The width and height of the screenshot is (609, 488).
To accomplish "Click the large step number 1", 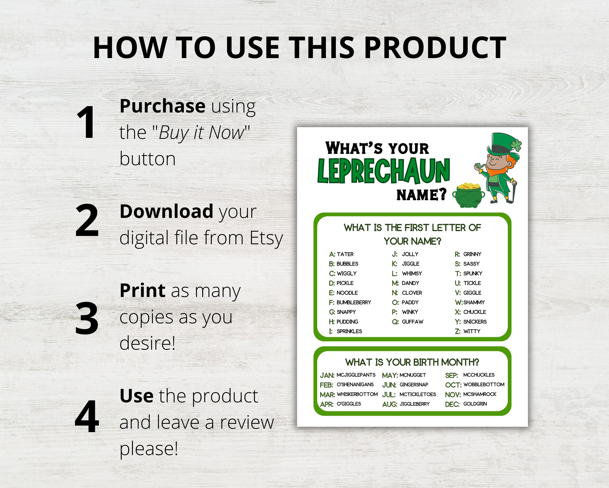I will [x=86, y=122].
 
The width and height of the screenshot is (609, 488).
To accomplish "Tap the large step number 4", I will [x=87, y=417].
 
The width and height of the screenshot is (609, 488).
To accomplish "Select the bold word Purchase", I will [x=162, y=106].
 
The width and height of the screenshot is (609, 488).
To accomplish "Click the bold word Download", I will [x=166, y=211].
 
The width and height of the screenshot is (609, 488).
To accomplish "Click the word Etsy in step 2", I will [x=266, y=238].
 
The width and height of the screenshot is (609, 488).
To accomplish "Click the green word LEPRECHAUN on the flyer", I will [x=383, y=171].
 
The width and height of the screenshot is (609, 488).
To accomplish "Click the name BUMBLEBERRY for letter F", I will [x=354, y=302].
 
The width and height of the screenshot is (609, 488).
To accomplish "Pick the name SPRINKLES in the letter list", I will [x=349, y=331].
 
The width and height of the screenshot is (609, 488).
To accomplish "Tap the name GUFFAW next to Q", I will [x=412, y=322].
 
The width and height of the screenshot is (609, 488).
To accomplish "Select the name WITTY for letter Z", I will [x=472, y=331].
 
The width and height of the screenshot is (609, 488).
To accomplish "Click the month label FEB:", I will [x=326, y=385].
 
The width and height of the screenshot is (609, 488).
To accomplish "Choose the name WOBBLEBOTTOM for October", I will [x=484, y=385].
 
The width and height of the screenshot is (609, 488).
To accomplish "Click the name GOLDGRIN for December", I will [x=475, y=404].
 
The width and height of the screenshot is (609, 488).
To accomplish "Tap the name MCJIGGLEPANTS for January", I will [x=356, y=375].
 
